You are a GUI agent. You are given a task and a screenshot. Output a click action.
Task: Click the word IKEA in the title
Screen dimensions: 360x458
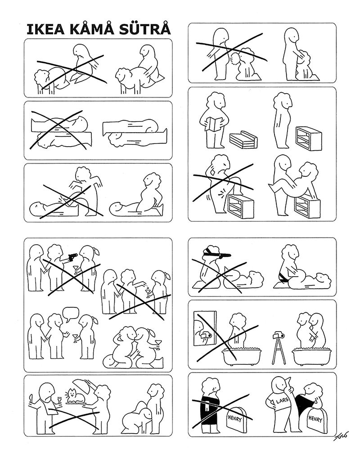click(46, 30)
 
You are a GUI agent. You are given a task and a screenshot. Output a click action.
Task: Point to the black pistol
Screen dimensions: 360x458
click(72, 257)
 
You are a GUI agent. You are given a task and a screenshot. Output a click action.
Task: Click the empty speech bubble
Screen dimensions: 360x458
click(71, 314)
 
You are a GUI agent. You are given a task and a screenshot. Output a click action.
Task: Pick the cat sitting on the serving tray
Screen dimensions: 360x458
click(76, 395)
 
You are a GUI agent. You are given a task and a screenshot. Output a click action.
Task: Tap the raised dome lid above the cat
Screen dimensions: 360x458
click(84, 383)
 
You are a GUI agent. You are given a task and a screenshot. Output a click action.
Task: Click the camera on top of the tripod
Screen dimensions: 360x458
click(279, 335)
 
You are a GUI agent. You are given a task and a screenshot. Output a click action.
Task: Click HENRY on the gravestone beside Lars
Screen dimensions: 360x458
click(315, 419)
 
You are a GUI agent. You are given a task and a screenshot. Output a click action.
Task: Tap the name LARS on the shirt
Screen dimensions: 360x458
click(282, 401)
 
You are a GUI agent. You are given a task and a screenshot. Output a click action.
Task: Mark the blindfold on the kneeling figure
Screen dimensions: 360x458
click(212, 251)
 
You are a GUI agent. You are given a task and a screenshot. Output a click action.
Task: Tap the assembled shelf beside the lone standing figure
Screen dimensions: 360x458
click(309, 138)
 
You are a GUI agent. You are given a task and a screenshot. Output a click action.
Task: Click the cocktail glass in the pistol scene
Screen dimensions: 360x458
click(76, 269)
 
